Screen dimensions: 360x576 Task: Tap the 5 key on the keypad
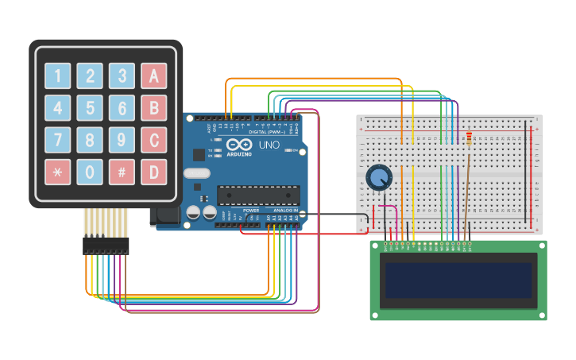coord(90,107)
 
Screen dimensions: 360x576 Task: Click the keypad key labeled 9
coord(122,140)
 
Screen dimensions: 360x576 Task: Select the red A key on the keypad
coord(153,75)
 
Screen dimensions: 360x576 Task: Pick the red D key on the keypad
coord(153,172)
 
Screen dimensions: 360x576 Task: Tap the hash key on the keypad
coord(122,172)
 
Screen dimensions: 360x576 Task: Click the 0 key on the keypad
coord(90,172)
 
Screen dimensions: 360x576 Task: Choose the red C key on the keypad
coord(153,140)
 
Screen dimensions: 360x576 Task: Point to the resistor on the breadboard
coord(468,140)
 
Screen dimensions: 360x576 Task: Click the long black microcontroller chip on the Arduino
coord(258,195)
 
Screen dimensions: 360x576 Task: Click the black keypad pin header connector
coord(105,245)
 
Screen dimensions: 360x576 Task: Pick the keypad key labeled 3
coord(122,75)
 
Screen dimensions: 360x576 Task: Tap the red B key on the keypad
coord(153,107)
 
